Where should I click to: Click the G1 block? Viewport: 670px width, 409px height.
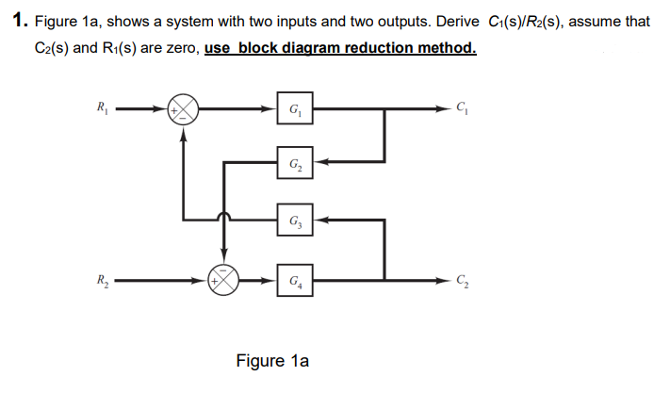[x=296, y=108]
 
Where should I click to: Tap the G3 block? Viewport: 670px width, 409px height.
[x=296, y=221]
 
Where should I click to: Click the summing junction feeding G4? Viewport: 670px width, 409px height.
[x=224, y=279]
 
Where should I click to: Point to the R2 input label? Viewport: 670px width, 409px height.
[x=102, y=279]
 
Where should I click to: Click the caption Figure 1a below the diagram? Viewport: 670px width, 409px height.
[x=272, y=360]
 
